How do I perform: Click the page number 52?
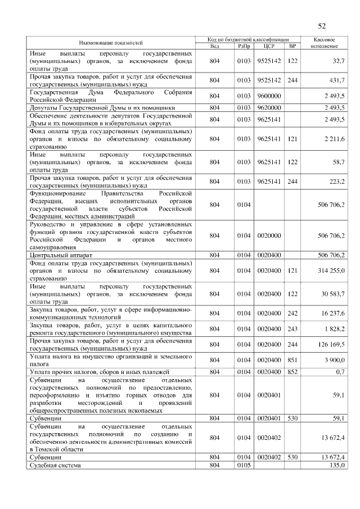coord(322,26)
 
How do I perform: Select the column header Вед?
coord(214,46)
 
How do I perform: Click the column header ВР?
coord(292,46)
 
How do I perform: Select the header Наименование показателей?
coord(110,43)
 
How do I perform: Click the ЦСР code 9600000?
coord(268,96)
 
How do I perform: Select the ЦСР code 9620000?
coord(268,107)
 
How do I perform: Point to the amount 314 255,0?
coord(331,271)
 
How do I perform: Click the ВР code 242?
coord(292,313)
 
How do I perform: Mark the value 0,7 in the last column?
coord(340,371)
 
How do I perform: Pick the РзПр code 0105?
coord(244,465)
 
